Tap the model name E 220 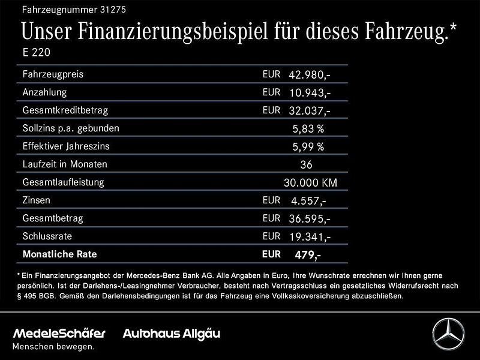click(x=35, y=52)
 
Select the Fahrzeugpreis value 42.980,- click(x=310, y=75)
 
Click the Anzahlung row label click(x=44, y=92)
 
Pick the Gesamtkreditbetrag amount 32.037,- click(x=310, y=111)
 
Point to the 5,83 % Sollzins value click(x=308, y=129)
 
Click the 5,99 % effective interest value click(x=308, y=147)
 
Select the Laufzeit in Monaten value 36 click(x=306, y=165)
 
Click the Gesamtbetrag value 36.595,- click(x=310, y=219)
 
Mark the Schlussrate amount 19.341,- click(x=310, y=237)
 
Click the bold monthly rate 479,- click(x=308, y=255)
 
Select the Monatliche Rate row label click(x=59, y=254)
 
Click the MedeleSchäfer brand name click(x=59, y=333)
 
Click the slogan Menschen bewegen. click(x=54, y=347)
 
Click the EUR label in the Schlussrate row click(x=271, y=236)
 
